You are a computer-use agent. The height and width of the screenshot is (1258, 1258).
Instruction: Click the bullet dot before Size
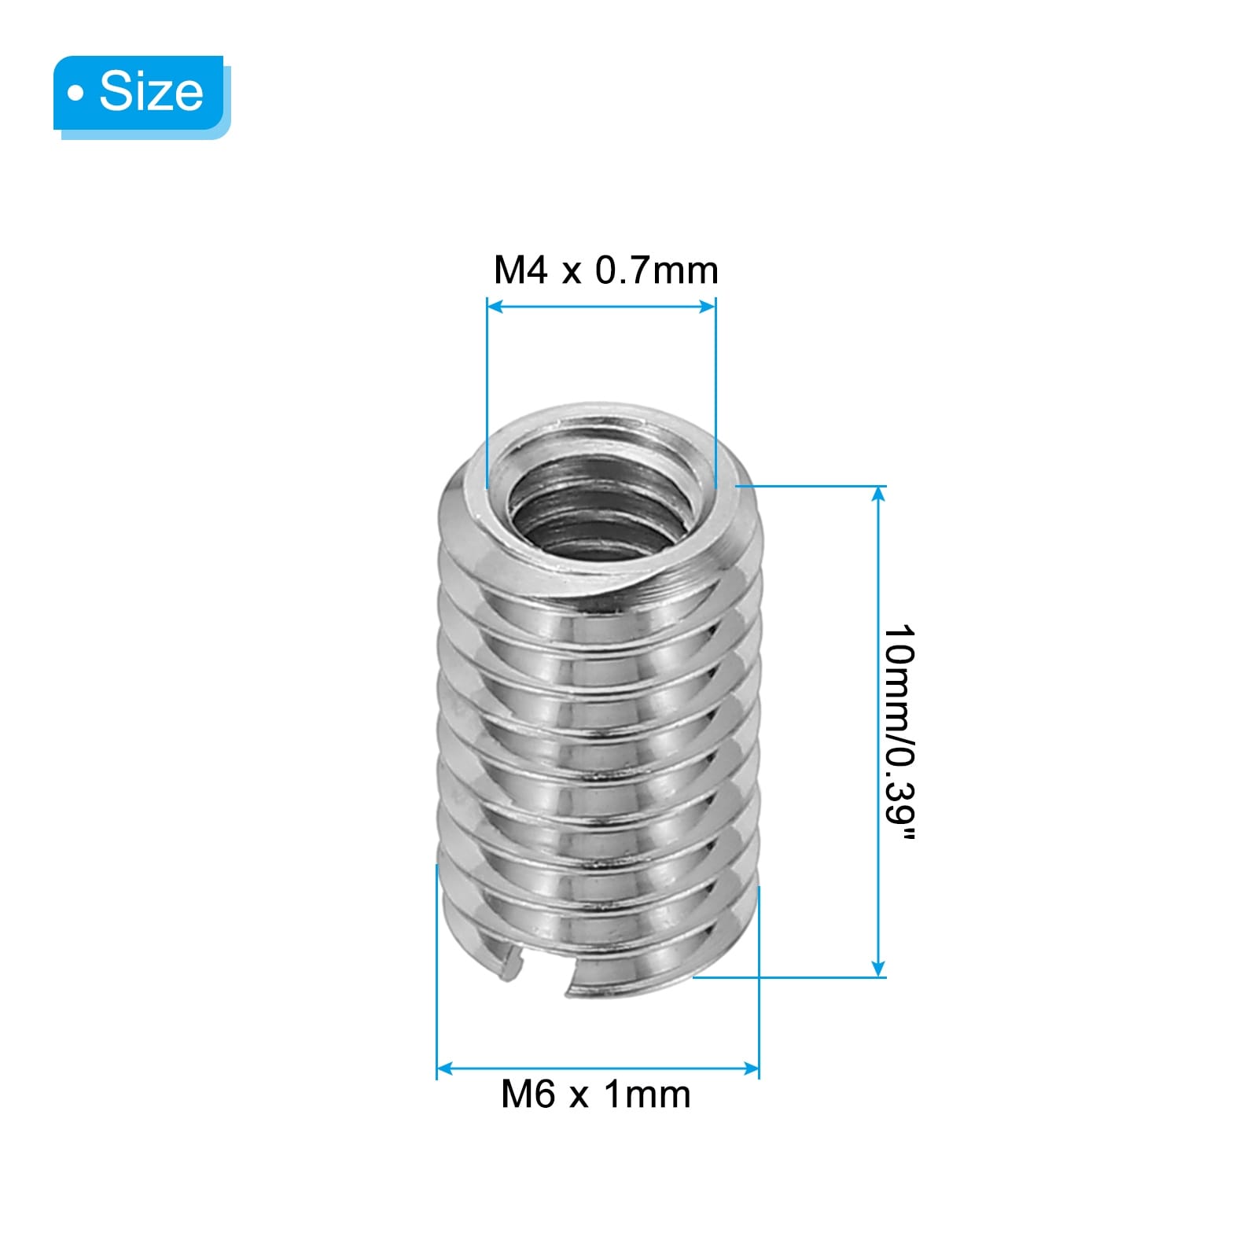coord(75,94)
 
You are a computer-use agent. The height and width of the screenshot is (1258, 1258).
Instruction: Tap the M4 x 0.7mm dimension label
coord(605,270)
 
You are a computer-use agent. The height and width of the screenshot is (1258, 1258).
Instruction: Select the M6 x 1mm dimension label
coord(596,1094)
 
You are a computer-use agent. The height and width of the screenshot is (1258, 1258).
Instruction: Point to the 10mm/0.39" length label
coord(899,733)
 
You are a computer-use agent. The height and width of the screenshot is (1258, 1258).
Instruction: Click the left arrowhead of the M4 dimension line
coord(495,306)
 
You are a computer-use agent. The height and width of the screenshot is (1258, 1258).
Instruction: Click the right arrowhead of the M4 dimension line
coord(708,306)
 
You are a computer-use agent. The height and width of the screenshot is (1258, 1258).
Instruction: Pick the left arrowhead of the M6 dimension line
coord(445,1068)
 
